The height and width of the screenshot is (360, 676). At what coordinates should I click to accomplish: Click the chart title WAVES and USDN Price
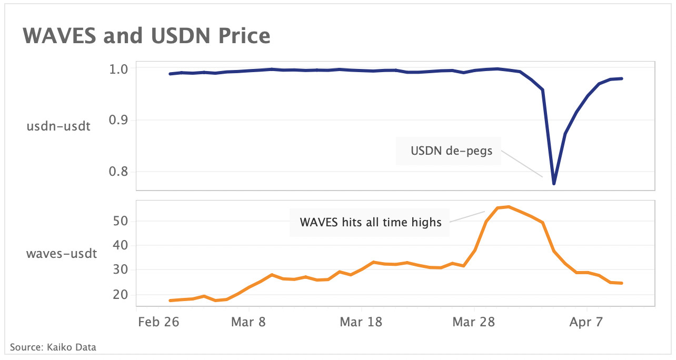pyautogui.click(x=146, y=36)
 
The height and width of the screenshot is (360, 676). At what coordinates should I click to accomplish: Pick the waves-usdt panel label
pyautogui.click(x=62, y=254)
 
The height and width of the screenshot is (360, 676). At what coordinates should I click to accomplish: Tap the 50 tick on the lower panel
pyautogui.click(x=121, y=221)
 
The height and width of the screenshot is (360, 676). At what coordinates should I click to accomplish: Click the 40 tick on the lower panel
pyautogui.click(x=121, y=245)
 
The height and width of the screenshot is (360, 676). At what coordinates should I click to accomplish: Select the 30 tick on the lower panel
pyautogui.click(x=121, y=270)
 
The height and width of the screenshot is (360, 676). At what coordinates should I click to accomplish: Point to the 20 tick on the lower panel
pyautogui.click(x=121, y=295)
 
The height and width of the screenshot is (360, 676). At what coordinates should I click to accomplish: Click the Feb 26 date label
pyautogui.click(x=159, y=322)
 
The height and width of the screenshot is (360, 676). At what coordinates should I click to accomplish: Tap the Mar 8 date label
pyautogui.click(x=248, y=322)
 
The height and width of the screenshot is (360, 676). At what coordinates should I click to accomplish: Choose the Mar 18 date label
pyautogui.click(x=361, y=322)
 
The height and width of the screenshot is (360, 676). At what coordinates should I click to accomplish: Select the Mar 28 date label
pyautogui.click(x=474, y=322)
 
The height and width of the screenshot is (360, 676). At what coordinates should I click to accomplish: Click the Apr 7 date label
pyautogui.click(x=586, y=322)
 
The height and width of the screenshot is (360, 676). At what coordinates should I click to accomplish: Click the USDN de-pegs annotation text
pyautogui.click(x=451, y=152)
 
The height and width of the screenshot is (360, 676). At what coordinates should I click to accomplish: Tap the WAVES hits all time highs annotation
pyautogui.click(x=371, y=222)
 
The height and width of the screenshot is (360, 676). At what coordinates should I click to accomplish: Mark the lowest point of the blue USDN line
pyautogui.click(x=554, y=184)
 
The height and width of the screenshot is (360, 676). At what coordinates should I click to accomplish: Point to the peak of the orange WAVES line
pyautogui.click(x=508, y=207)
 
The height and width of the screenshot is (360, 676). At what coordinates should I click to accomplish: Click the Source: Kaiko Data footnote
pyautogui.click(x=53, y=347)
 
